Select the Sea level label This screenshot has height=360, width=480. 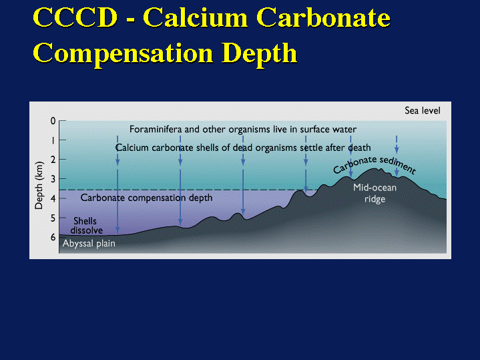tap(423, 110)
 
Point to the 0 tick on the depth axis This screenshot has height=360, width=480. tap(53, 121)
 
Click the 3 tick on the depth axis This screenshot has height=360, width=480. tap(53, 178)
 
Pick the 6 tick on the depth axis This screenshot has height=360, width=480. tap(53, 237)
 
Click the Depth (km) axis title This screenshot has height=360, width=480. tap(39, 184)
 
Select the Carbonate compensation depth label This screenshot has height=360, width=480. tap(146, 198)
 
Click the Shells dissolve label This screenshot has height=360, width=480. tap(85, 225)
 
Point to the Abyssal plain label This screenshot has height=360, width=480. tap(89, 244)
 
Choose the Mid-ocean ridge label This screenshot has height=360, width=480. tap(375, 193)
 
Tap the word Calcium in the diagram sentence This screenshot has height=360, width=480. tap(131, 148)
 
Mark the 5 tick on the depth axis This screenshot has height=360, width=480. tap(53, 218)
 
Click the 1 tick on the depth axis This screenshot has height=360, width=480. tap(53, 140)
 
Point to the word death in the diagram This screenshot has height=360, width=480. tap(359, 148)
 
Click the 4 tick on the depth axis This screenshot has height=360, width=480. tap(53, 198)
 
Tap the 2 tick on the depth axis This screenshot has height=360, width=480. tap(53, 160)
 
